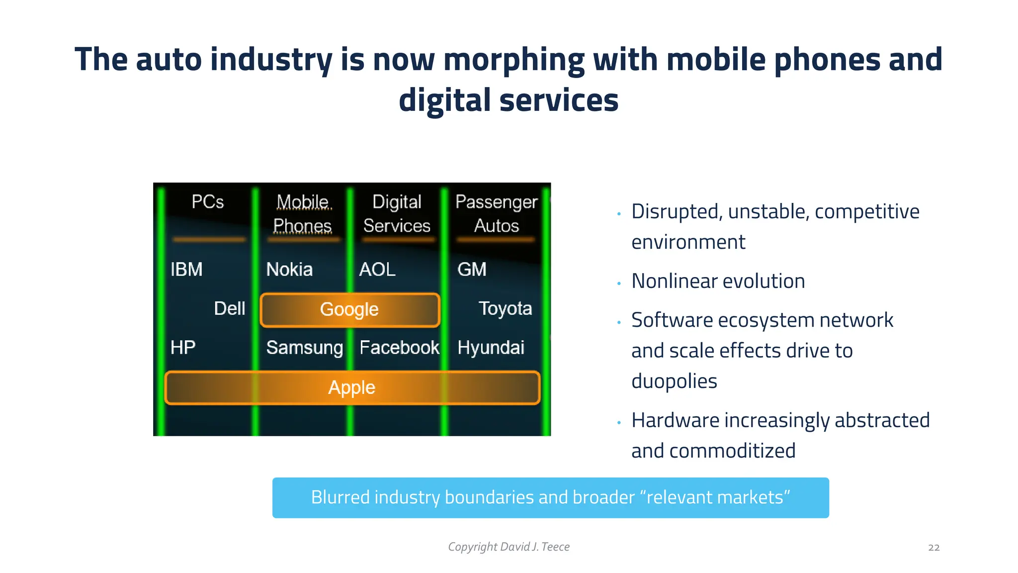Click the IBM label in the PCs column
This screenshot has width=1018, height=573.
point(186,270)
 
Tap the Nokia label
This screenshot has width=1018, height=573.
point(289,270)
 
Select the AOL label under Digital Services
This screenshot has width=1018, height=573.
point(377,270)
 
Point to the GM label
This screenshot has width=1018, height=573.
point(472,270)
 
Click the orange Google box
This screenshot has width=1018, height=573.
point(350,309)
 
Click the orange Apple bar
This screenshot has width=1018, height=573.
point(352,387)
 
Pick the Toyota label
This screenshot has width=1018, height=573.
point(505,308)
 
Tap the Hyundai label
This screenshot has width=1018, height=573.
point(491,348)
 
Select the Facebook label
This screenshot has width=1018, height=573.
point(399,348)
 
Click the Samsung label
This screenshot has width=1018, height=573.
point(305,348)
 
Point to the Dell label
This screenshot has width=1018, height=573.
point(229,308)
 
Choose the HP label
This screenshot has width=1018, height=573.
point(183,348)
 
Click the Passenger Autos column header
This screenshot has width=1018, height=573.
point(496,214)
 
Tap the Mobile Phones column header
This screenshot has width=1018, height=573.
point(303,214)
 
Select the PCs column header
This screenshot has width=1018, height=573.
point(208,202)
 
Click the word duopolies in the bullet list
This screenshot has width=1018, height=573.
point(674,382)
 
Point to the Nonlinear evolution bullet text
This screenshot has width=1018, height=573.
point(718,282)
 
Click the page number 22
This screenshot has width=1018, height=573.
point(933,548)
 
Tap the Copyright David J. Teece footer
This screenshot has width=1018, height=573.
point(509,547)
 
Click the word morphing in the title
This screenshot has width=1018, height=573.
point(513,60)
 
